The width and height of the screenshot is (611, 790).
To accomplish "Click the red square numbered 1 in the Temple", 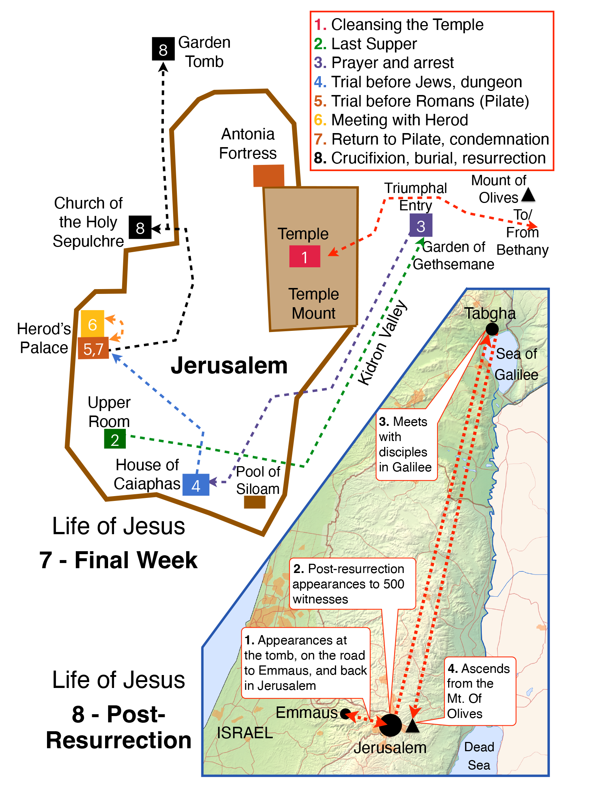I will (305, 256).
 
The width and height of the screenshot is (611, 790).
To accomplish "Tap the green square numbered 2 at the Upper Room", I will (115, 439).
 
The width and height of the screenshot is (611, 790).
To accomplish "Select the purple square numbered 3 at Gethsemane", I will (421, 225).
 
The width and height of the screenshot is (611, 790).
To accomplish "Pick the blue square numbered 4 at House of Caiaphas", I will (196, 485).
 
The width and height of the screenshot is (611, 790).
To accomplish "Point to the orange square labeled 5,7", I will (93, 348).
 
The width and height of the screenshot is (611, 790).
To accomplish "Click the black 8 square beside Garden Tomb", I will (163, 49).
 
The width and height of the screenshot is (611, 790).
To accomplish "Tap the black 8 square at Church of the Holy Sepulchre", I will (140, 227).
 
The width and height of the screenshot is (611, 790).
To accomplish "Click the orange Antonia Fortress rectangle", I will (269, 176).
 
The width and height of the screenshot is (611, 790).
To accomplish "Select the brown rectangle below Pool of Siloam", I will (255, 502).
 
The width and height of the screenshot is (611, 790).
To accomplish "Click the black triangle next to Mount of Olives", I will (528, 195).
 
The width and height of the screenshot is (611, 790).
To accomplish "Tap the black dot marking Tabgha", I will (492, 329).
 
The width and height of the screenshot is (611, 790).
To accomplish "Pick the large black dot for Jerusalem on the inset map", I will (390, 725).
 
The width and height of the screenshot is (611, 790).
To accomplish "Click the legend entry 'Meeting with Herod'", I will (399, 120).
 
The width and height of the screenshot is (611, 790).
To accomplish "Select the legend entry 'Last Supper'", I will (374, 44).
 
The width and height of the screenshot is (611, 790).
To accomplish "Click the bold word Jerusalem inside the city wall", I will (229, 366).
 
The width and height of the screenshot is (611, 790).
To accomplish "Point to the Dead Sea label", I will (479, 756).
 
